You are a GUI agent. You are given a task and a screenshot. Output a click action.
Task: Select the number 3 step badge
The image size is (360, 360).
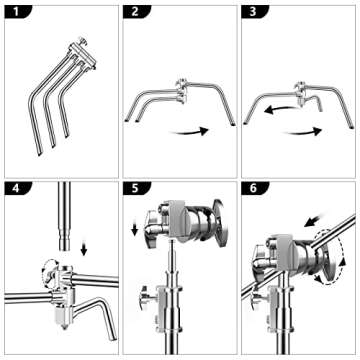[254, 12]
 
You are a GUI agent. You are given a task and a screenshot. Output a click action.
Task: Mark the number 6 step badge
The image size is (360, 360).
[254, 189]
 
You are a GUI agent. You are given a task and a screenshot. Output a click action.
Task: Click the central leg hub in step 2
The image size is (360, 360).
[182, 90]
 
